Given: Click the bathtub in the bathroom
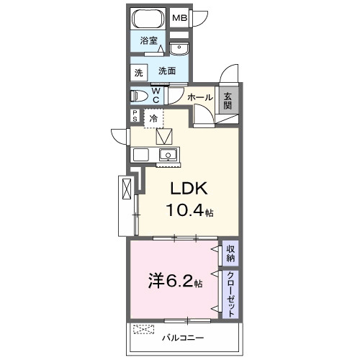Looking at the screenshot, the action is pyautogui.click(x=148, y=19).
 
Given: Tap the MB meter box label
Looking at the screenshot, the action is pyautogui.click(x=180, y=18).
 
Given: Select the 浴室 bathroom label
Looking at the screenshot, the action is pyautogui.click(x=149, y=40).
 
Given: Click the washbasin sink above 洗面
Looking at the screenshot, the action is pyautogui.click(x=179, y=48).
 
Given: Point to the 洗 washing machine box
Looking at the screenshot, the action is pyautogui.click(x=138, y=73).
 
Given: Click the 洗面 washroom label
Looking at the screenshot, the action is pyautogui.click(x=167, y=71).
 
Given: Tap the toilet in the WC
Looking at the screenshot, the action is pyautogui.click(x=139, y=96).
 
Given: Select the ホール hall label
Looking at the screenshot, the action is pyautogui.click(x=200, y=97).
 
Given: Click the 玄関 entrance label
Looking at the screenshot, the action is pyautogui.click(x=228, y=101).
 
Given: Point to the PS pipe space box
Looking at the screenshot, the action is pyautogui.click(x=135, y=116).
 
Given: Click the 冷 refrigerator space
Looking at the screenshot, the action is pyautogui.click(x=153, y=118).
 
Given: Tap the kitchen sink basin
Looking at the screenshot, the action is pyautogui.click(x=168, y=154).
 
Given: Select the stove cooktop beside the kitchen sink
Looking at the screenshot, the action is pyautogui.click(x=141, y=154).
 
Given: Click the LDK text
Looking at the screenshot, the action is pyautogui.click(x=189, y=189).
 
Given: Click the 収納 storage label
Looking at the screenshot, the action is pyautogui.click(x=230, y=253).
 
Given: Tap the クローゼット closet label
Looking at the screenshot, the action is pyautogui.click(x=230, y=294).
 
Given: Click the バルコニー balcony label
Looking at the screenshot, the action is pyautogui.click(x=183, y=338).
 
